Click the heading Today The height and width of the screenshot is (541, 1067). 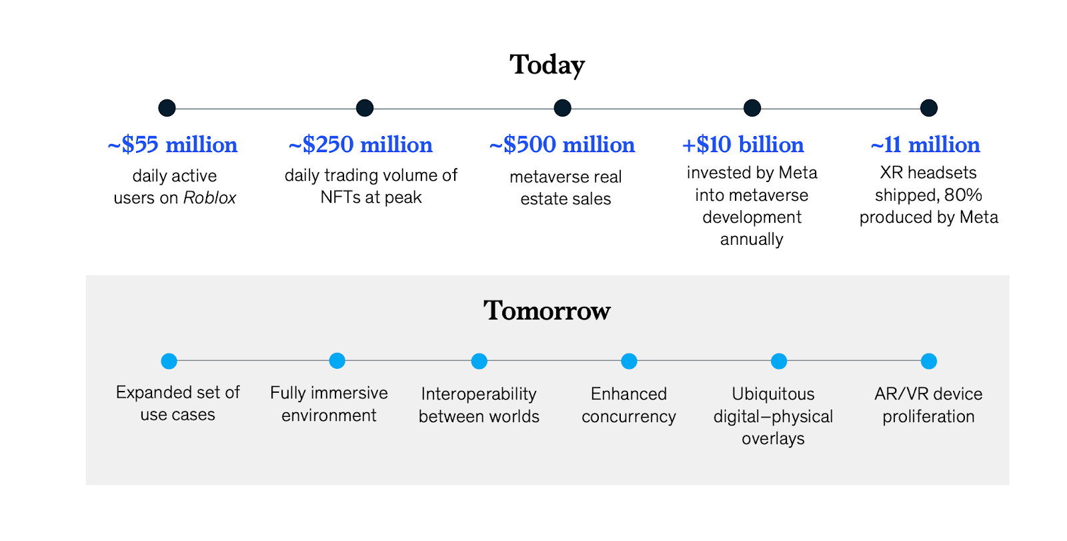tap(547, 65)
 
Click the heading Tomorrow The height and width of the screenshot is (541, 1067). tap(547, 310)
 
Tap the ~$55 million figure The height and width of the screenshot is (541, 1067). tap(173, 145)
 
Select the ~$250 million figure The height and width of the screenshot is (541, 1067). tap(361, 145)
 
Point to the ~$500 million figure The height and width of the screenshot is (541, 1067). tap(562, 145)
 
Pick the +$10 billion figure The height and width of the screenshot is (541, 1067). tap(743, 145)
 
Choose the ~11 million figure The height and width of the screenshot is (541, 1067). tap(926, 145)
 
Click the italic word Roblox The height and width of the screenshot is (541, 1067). tap(209, 198)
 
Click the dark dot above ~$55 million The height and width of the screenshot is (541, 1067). tap(167, 108)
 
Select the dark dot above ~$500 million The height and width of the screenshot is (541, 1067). tap(562, 108)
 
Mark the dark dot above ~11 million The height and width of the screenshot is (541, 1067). tap(928, 108)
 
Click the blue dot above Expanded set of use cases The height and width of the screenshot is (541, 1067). tap(169, 361)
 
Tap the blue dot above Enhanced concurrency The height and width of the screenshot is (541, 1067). tap(629, 361)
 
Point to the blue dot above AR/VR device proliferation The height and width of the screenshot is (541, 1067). tap(928, 361)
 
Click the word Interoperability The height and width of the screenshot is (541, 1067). tap(479, 394)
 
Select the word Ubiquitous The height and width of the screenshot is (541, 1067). tap(773, 394)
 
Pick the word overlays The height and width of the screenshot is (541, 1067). tap(773, 439)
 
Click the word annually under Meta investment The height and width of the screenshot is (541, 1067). tap(752, 239)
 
